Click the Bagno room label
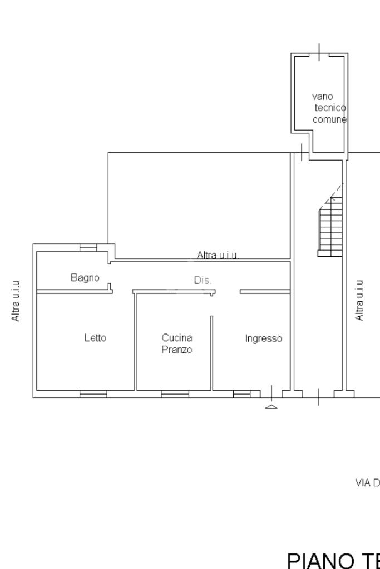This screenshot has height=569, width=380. pyautogui.click(x=85, y=277)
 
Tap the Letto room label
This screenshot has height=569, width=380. pyautogui.click(x=95, y=337)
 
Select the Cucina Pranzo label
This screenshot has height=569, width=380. pyautogui.click(x=177, y=343)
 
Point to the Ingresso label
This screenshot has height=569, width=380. pyautogui.click(x=264, y=338)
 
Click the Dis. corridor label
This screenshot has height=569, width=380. pyautogui.click(x=203, y=281)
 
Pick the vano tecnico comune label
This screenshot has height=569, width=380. pyautogui.click(x=329, y=108)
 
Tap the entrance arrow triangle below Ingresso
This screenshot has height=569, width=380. pyautogui.click(x=271, y=407)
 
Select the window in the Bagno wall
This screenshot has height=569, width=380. pyautogui.click(x=88, y=247)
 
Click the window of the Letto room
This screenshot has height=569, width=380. pyautogui.click(x=93, y=394)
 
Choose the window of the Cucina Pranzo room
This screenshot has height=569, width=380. pyautogui.click(x=175, y=394)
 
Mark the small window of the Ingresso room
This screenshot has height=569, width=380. pyautogui.click(x=241, y=394)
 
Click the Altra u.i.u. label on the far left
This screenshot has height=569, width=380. pyautogui.click(x=17, y=300)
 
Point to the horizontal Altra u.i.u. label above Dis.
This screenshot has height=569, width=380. pyautogui.click(x=218, y=255)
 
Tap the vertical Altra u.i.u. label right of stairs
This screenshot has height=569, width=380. pyautogui.click(x=359, y=300)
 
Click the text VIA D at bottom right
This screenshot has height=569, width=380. pyautogui.click(x=367, y=483)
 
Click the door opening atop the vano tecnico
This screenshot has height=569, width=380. pyautogui.click(x=319, y=54)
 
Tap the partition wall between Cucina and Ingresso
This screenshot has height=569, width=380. pyautogui.click(x=211, y=352)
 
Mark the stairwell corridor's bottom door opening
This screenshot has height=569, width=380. pyautogui.click(x=318, y=395)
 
